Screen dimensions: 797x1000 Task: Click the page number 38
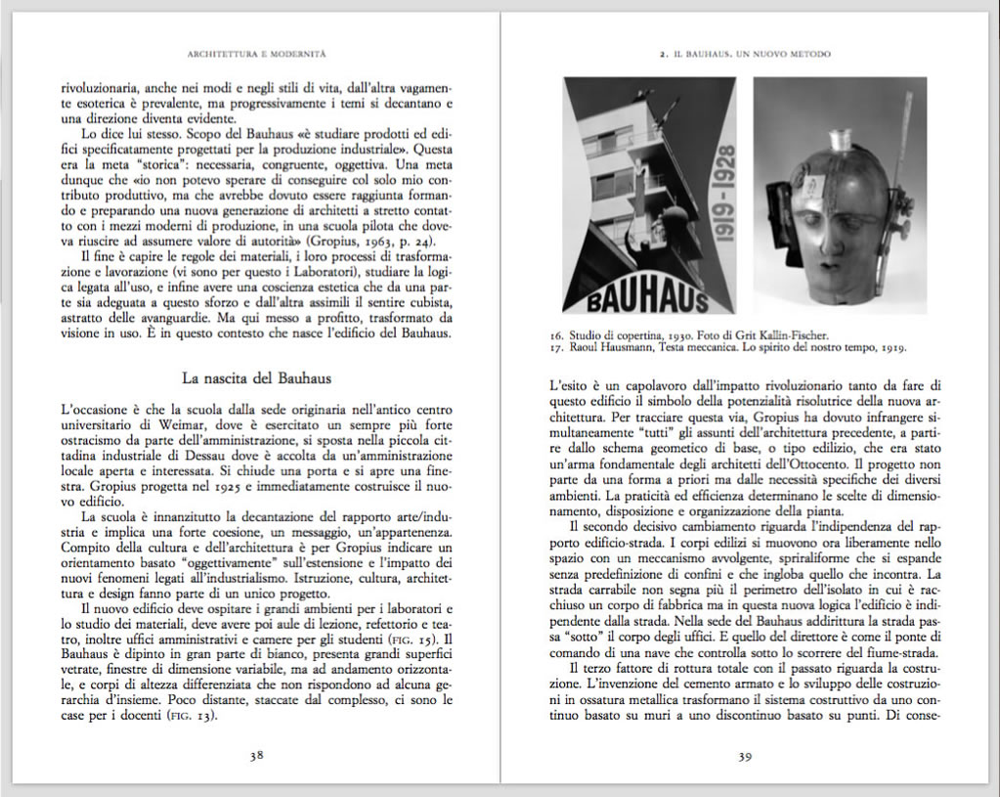coord(256,755)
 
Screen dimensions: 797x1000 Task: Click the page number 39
coord(744,755)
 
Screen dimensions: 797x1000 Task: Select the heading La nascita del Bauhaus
coord(256,377)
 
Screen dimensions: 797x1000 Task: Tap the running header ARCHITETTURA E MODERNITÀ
coord(255,53)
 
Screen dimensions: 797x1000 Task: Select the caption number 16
coord(556,334)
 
